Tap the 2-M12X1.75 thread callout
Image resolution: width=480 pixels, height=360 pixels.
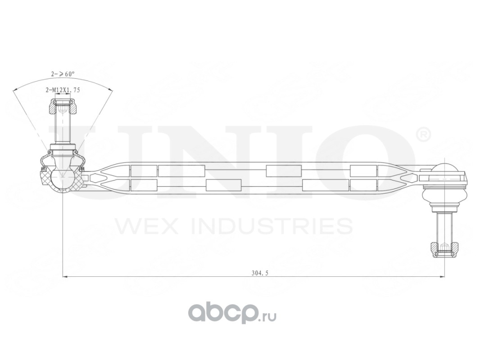coord(63,90)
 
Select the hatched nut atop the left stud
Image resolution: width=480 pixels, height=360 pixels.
coord(63,108)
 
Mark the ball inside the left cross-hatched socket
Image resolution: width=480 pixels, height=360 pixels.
coord(61,177)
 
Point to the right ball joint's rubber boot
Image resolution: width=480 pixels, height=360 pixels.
coord(444,197)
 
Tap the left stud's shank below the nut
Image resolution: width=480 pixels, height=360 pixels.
coord(63,128)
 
